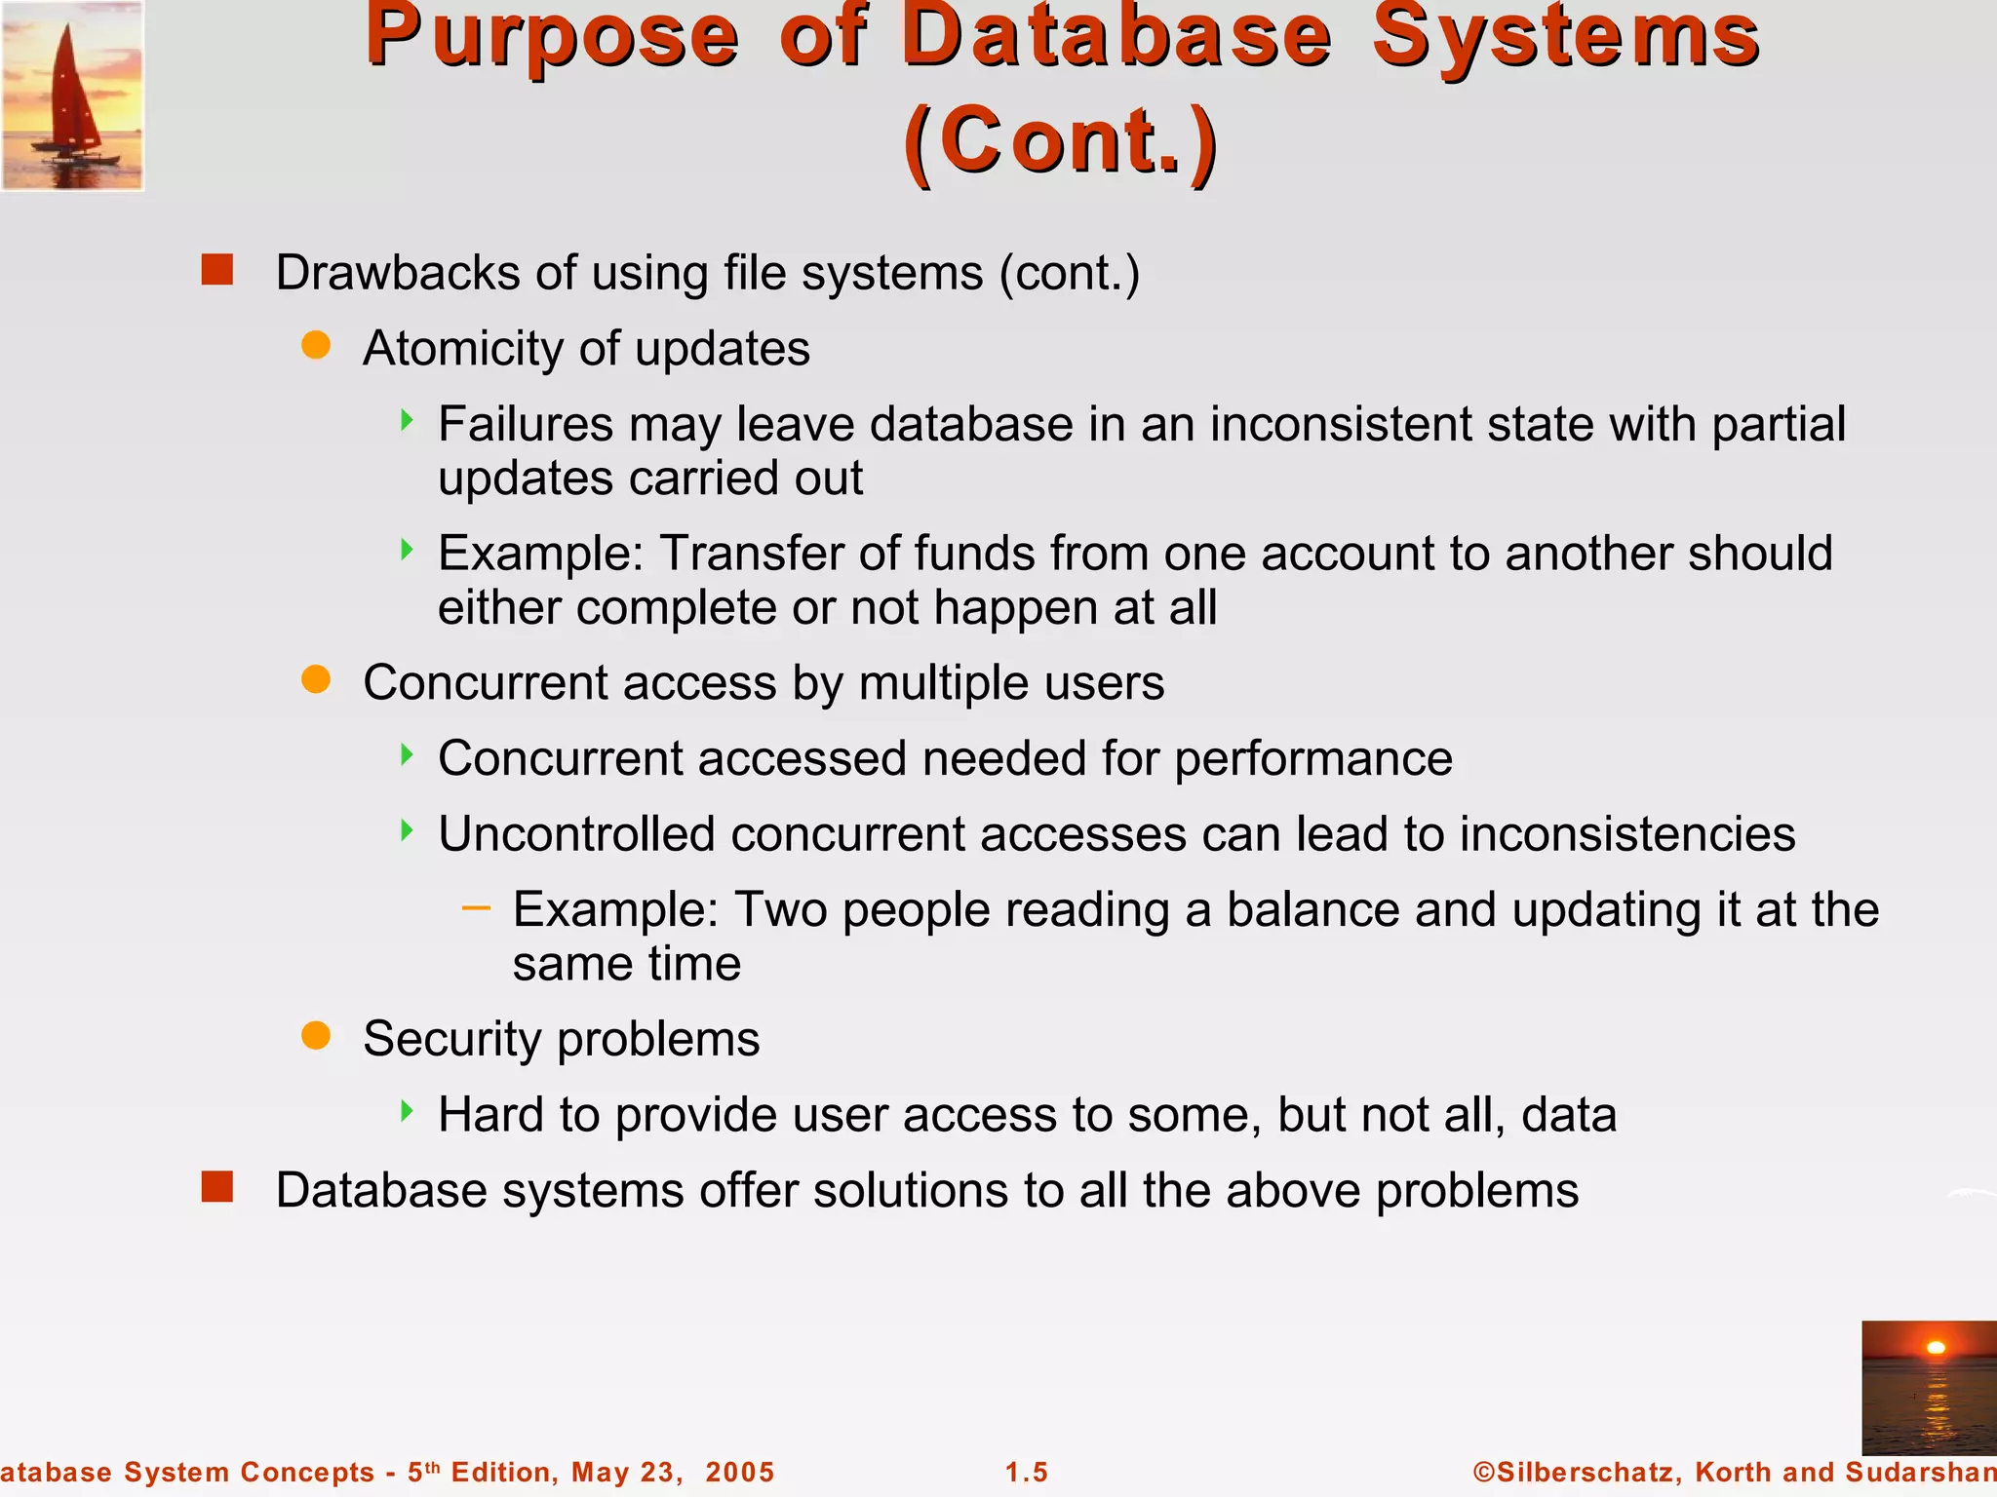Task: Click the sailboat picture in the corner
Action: pyautogui.click(x=72, y=95)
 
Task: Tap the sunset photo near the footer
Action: pyautogui.click(x=1928, y=1387)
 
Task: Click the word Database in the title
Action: pyautogui.click(x=1116, y=39)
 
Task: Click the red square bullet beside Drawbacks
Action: pyautogui.click(x=217, y=270)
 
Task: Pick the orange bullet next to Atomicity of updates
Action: pyautogui.click(x=316, y=345)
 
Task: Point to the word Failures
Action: pyautogui.click(x=525, y=425)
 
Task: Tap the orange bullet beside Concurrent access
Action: pyautogui.click(x=316, y=679)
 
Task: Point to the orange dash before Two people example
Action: pyautogui.click(x=476, y=908)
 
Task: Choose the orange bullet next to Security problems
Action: pyautogui.click(x=316, y=1035)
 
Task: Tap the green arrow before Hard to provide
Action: pyautogui.click(x=408, y=1111)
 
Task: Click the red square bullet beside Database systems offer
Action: pyautogui.click(x=217, y=1187)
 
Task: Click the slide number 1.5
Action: pyautogui.click(x=1027, y=1472)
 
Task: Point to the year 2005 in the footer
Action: pyautogui.click(x=739, y=1472)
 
